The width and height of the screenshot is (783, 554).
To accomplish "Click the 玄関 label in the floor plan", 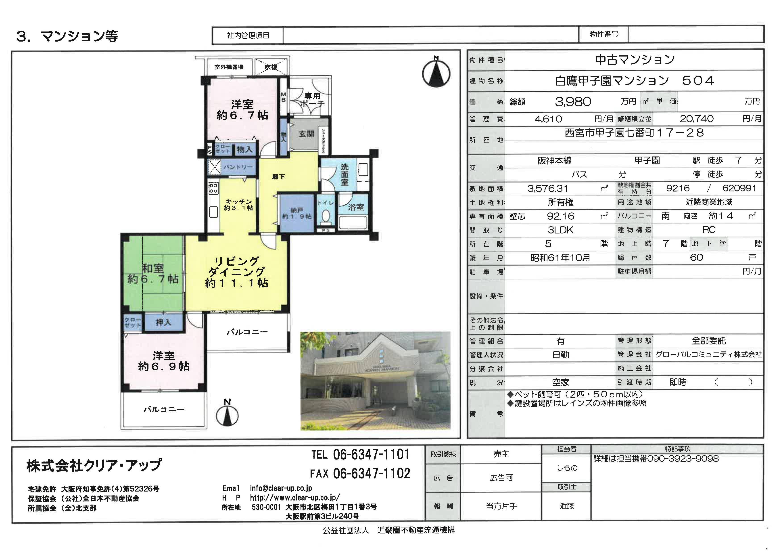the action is [306, 134].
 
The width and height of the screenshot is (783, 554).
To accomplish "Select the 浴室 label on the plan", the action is [356, 207].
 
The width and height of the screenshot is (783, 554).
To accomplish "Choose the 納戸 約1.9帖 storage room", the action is [297, 213].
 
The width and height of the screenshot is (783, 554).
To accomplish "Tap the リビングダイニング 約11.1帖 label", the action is [236, 272].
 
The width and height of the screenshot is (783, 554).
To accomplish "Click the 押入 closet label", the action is [163, 322].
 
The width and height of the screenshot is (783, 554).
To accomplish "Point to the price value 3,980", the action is [573, 101].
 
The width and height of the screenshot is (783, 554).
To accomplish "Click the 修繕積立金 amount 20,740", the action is [696, 119].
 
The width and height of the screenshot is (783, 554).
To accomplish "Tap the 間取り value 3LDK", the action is [560, 230].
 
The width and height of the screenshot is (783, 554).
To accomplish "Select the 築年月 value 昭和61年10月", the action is [560, 258].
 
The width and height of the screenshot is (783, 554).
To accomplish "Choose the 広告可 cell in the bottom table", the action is [501, 478].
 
